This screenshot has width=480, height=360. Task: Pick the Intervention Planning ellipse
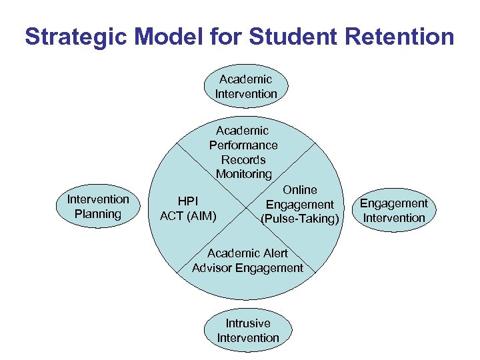(98, 207)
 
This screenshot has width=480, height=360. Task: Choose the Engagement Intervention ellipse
(394, 211)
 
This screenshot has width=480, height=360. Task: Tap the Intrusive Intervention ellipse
(248, 331)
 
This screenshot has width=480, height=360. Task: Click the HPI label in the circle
(187, 201)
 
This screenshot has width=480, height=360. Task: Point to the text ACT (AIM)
(188, 216)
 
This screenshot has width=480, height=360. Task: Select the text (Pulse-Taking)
(300, 219)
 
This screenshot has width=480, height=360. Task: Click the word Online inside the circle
(300, 190)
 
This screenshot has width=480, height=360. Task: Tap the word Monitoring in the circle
(243, 174)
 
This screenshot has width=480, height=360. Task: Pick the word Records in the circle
(243, 160)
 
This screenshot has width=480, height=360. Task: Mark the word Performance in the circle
(243, 145)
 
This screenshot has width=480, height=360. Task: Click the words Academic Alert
(247, 253)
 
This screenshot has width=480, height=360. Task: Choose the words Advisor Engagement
(247, 268)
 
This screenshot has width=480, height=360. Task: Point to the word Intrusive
(248, 323)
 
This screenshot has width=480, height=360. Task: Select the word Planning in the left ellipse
(98, 214)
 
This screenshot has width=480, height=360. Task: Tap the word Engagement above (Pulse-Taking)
(300, 205)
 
